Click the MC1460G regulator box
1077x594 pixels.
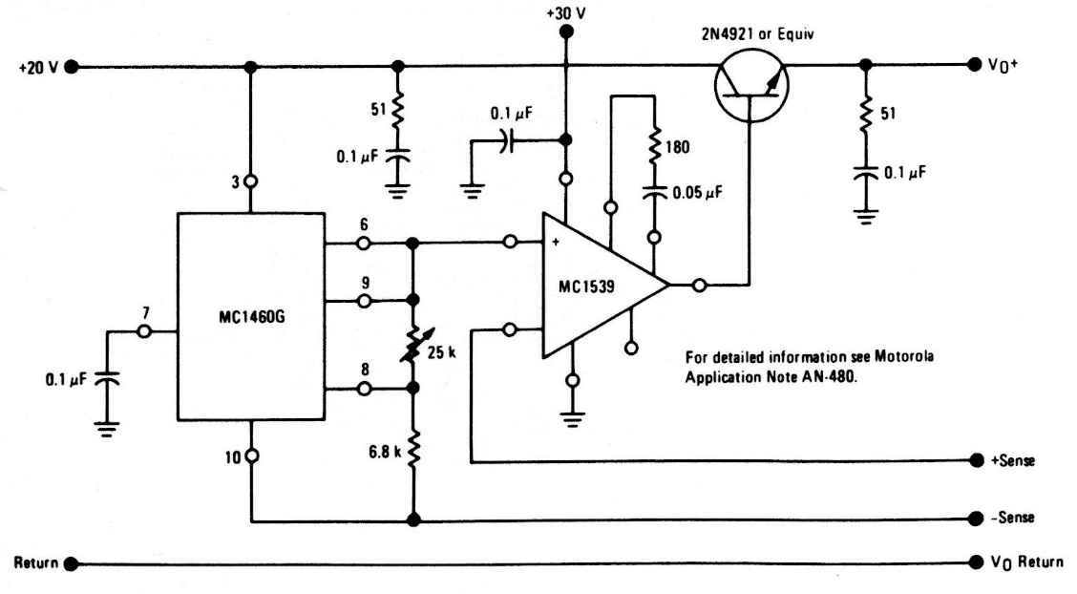(x=250, y=315)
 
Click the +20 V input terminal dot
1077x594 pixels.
(x=72, y=67)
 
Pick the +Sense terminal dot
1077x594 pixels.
(x=976, y=460)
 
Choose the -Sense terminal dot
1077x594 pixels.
(x=976, y=518)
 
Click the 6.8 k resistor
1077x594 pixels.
(x=413, y=447)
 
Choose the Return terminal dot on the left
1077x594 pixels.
(x=72, y=563)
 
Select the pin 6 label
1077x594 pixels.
(x=365, y=223)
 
